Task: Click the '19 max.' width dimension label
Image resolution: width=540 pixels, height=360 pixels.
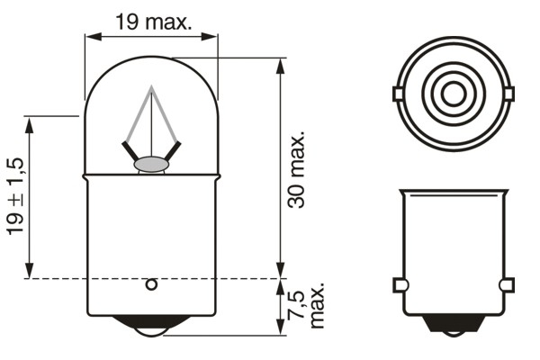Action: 153,21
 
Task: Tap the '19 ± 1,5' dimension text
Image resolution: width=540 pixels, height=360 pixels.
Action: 17,196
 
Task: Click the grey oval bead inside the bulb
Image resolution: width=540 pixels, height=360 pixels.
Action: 151,165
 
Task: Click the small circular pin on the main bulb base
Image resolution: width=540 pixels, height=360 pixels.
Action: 151,285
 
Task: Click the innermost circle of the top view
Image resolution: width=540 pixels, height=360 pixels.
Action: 453,94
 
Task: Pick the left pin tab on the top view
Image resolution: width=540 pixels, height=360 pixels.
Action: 398,94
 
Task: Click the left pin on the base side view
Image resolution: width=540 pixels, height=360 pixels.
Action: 400,285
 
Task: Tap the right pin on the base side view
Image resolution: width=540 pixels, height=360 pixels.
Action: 507,285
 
